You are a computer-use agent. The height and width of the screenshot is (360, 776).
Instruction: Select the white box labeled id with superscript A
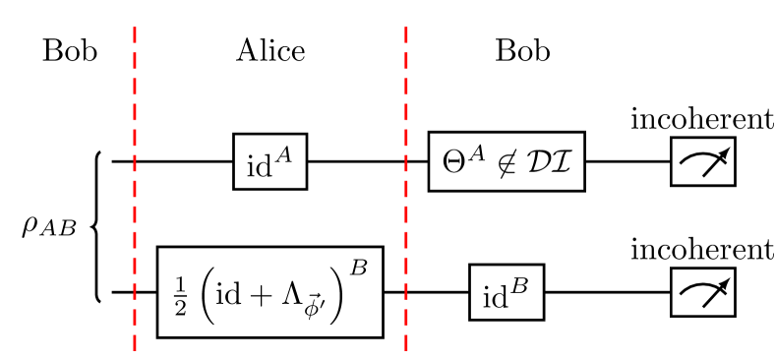pyautogui.click(x=269, y=161)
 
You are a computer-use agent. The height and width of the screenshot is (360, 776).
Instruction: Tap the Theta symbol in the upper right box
pyautogui.click(x=454, y=162)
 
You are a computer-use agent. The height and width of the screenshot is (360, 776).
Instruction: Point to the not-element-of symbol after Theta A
pyautogui.click(x=506, y=163)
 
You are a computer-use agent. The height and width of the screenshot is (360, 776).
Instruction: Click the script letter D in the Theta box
pyautogui.click(x=537, y=162)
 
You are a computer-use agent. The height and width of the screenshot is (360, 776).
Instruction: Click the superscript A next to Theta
pyautogui.click(x=475, y=152)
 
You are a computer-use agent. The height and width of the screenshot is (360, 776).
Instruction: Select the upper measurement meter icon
pyautogui.click(x=703, y=161)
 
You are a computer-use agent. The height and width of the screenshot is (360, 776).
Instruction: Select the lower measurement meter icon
pyautogui.click(x=703, y=292)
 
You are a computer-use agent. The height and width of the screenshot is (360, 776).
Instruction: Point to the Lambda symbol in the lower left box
pyautogui.click(x=292, y=294)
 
